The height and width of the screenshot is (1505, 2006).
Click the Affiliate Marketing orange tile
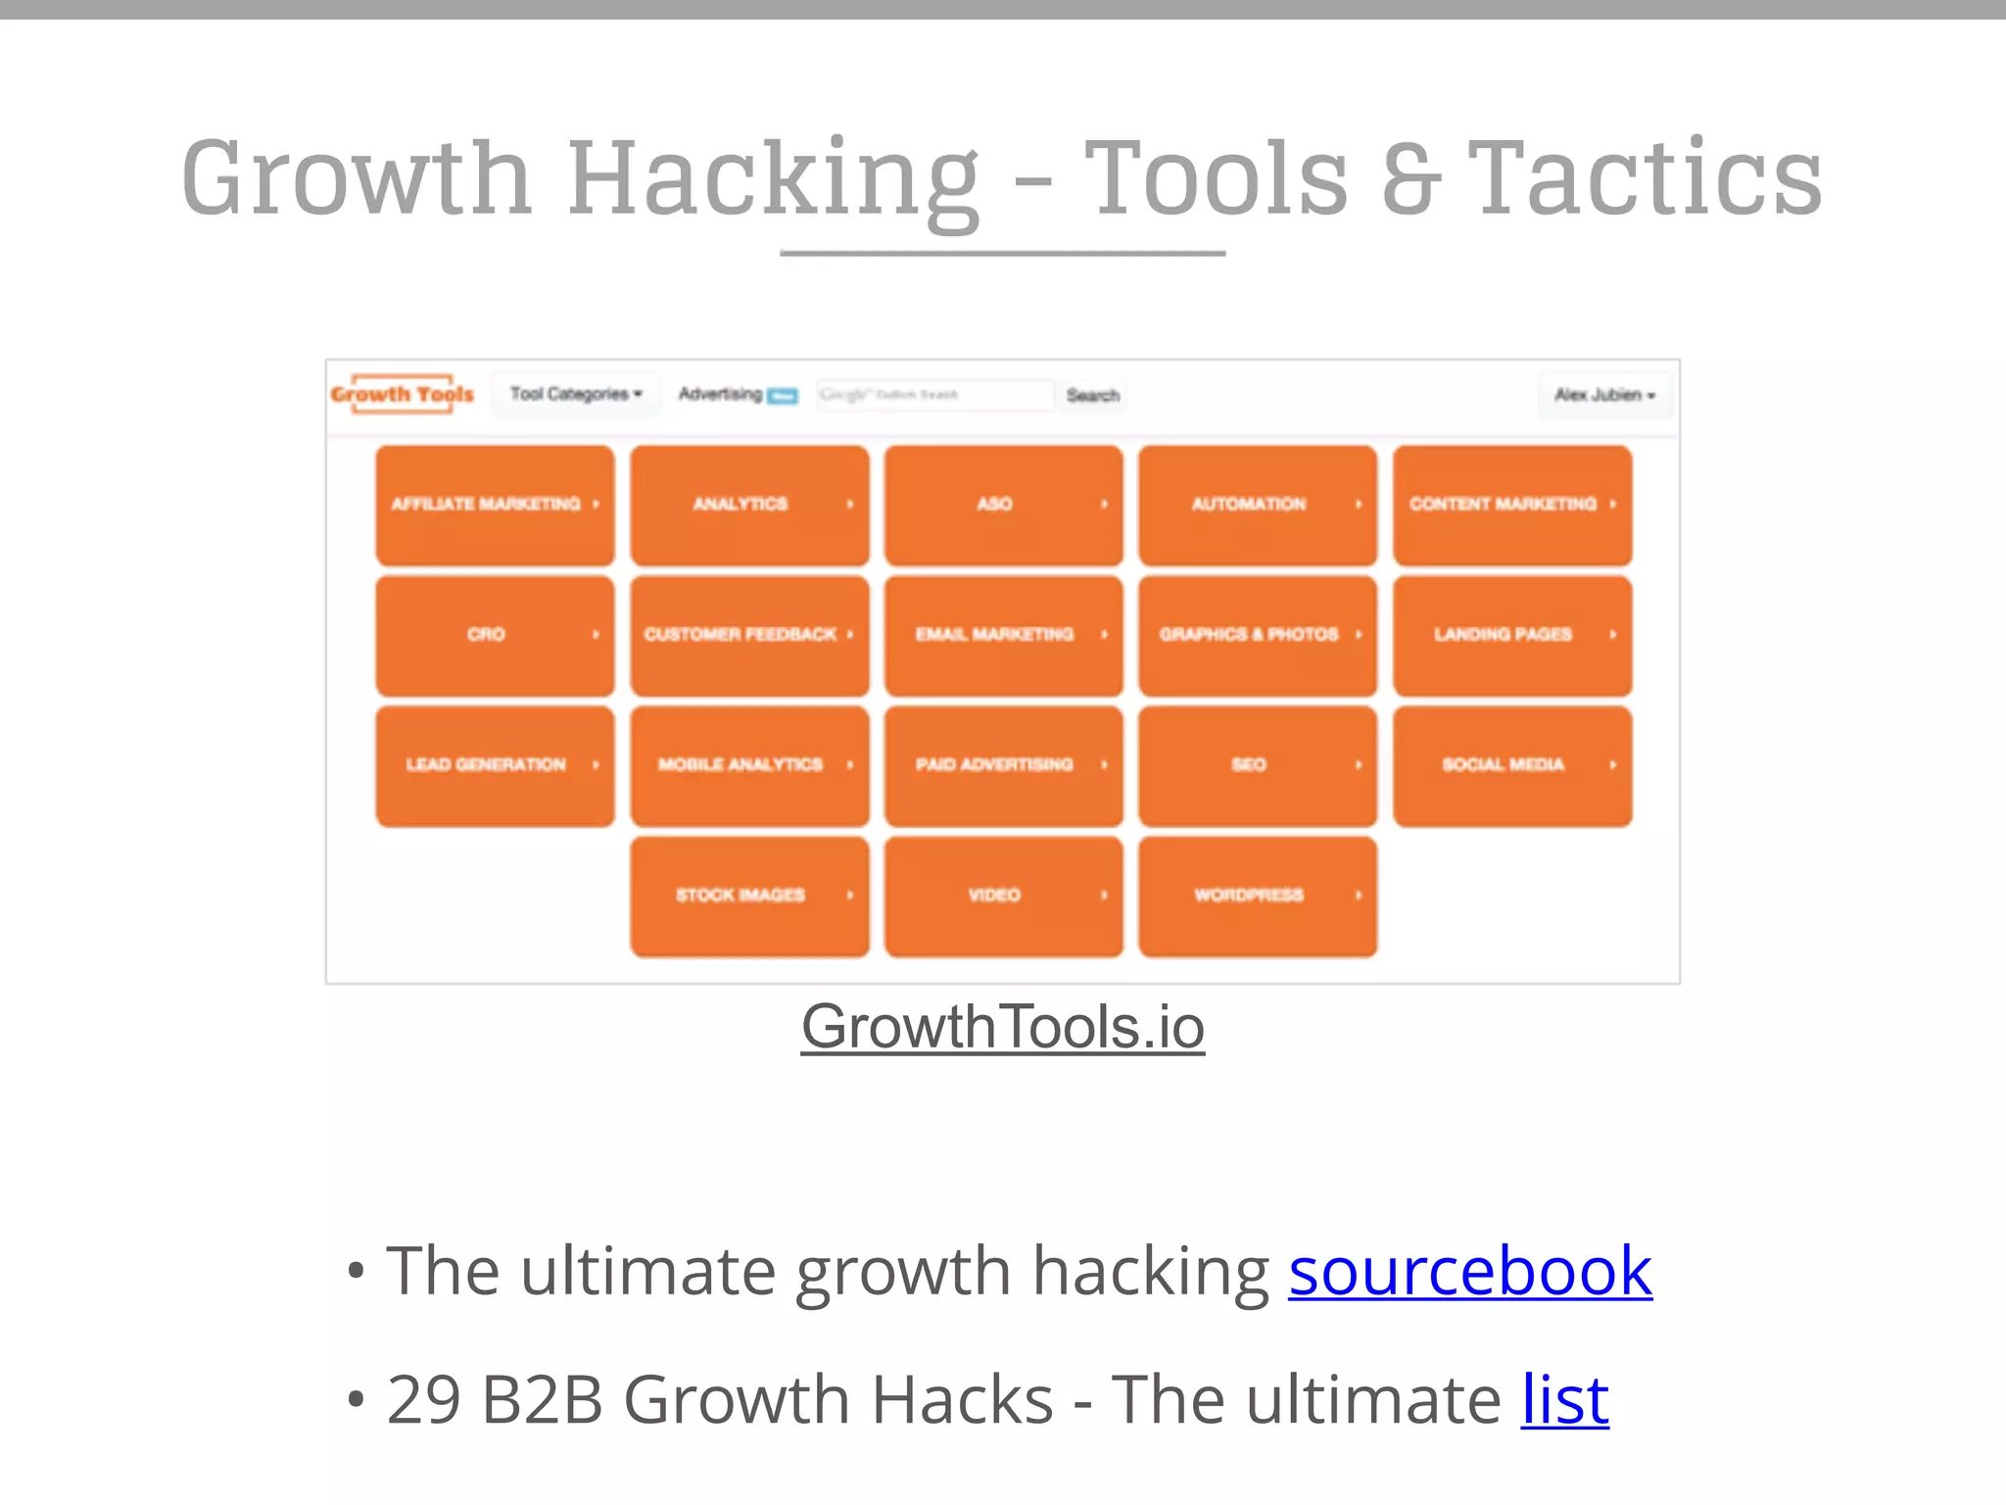(495, 505)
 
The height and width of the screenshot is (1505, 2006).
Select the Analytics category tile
(749, 505)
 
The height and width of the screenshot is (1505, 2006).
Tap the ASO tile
(1003, 505)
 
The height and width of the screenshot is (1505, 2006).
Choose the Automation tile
(1258, 505)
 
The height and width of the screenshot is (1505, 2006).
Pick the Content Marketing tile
(1512, 505)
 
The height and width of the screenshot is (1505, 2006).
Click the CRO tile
(495, 635)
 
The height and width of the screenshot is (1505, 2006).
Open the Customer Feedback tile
(749, 635)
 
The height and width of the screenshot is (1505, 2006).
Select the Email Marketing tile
(1003, 635)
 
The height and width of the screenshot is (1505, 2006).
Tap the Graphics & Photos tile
(1258, 635)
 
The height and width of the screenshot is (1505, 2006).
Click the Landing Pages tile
(1512, 635)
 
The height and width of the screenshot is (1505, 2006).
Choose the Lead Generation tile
(495, 765)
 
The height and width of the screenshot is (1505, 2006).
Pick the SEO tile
(1258, 765)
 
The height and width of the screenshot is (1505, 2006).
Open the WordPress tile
(1258, 896)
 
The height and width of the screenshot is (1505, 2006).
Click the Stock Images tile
(749, 896)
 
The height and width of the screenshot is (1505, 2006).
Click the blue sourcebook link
(1470, 1272)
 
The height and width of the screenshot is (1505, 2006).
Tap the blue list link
(1564, 1400)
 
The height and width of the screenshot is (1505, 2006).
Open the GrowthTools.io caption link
(1002, 1027)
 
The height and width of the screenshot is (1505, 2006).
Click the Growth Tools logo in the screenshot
(403, 394)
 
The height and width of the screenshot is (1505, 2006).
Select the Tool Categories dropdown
(575, 394)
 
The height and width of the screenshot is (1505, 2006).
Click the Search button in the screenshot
(1092, 395)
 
